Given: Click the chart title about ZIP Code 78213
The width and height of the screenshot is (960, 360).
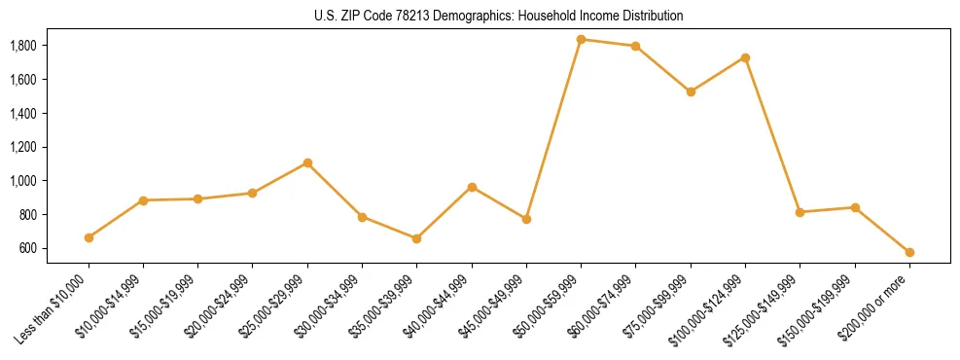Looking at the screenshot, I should (x=480, y=16).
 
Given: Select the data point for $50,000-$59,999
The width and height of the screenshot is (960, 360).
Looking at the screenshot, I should (x=581, y=39).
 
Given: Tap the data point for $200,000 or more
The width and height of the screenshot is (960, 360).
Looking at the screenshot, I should (x=909, y=252).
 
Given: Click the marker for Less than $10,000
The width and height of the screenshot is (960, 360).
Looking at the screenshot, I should (x=89, y=237).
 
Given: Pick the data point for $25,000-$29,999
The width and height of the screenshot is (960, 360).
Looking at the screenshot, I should (x=307, y=162).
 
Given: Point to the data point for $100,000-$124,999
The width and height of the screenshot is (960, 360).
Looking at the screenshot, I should (x=745, y=57).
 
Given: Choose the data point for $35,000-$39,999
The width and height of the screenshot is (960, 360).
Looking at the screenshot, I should (x=416, y=238).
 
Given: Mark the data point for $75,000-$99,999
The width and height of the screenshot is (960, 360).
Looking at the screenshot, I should (x=691, y=91).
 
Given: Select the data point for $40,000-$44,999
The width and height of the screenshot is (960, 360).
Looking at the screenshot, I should (x=472, y=187).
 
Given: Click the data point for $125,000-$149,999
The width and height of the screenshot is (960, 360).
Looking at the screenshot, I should (x=800, y=212).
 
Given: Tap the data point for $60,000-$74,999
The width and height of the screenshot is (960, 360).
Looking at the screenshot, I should (x=635, y=46).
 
